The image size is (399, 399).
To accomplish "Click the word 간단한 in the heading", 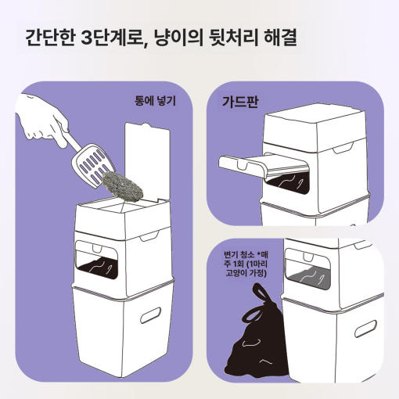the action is tap(50, 38).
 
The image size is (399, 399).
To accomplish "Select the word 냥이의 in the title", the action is tap(178, 38).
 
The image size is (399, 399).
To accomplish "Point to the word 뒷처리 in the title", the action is tap(234, 38).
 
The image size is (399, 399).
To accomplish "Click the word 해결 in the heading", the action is tap(281, 38).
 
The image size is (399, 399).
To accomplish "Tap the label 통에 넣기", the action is tap(156, 101).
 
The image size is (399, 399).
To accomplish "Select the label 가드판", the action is tap(240, 102).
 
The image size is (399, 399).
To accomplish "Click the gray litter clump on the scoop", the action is tap(122, 185).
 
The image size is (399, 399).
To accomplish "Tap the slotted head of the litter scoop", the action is tap(93, 165).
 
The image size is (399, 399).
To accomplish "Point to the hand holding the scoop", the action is tap(41, 120).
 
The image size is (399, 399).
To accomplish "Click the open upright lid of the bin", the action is tap(148, 162).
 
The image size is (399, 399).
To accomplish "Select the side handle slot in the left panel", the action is tap(150, 315).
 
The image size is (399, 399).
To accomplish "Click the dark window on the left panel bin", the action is tap(98, 268).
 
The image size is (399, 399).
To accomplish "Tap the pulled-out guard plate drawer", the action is tap(264, 165).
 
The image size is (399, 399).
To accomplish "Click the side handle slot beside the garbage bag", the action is tap(365, 329).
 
